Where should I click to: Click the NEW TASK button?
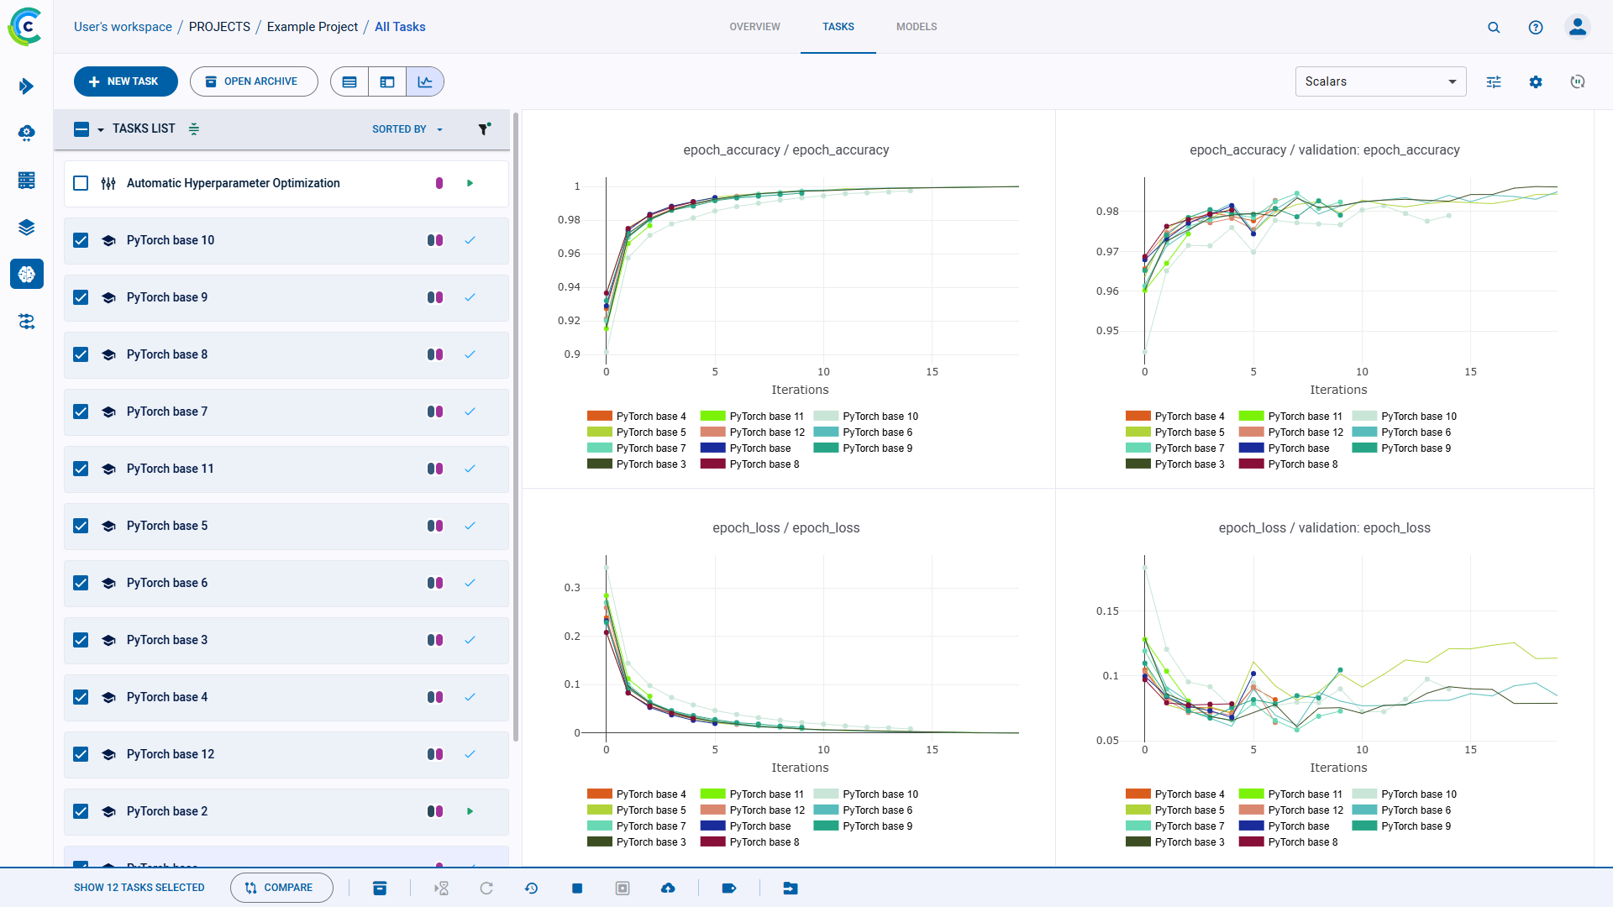[x=125, y=81]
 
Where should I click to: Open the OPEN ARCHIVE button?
[x=253, y=81]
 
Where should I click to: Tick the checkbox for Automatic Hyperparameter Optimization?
[x=81, y=183]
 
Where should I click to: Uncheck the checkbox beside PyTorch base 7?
[x=81, y=412]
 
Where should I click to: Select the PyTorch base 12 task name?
[x=171, y=754]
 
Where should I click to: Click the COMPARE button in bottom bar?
[x=281, y=888]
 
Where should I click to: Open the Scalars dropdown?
[x=1379, y=81]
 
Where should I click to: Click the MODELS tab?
[x=916, y=27]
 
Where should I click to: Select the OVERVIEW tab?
[x=754, y=27]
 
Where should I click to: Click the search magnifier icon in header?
[x=1494, y=27]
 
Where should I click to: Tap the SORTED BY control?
[x=407, y=129]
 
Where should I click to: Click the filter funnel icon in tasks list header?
[x=484, y=128]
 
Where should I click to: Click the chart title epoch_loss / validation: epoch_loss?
[x=1324, y=527]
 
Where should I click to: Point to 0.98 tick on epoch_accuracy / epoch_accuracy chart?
[x=569, y=220]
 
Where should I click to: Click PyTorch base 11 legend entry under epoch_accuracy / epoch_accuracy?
[x=765, y=417]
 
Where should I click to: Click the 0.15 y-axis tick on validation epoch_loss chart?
[x=1107, y=611]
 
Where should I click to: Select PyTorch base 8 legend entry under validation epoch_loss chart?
[x=1302, y=841]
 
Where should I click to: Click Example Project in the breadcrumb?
[x=312, y=27]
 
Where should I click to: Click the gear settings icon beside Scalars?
[x=1536, y=81]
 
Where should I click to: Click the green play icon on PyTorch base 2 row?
[x=470, y=811]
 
